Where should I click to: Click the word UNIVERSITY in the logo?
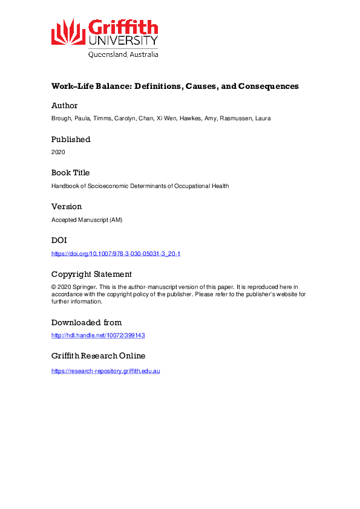[x=123, y=41]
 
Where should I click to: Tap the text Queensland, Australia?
[x=123, y=54]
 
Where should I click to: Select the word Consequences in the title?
[x=267, y=86]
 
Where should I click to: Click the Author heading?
[x=65, y=106]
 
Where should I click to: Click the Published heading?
[x=71, y=139]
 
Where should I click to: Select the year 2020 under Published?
[x=58, y=152]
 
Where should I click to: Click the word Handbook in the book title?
[x=65, y=186]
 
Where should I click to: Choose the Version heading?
[x=67, y=206]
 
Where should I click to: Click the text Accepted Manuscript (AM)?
[x=87, y=219]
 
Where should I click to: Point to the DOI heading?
[x=59, y=240]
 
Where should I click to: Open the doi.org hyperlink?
[x=116, y=253]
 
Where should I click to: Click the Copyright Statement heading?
[x=91, y=274]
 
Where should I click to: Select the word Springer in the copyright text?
[x=83, y=287]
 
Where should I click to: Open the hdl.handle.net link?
[x=98, y=335]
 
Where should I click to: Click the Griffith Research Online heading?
[x=98, y=355]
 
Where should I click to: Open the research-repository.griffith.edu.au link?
[x=105, y=370]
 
